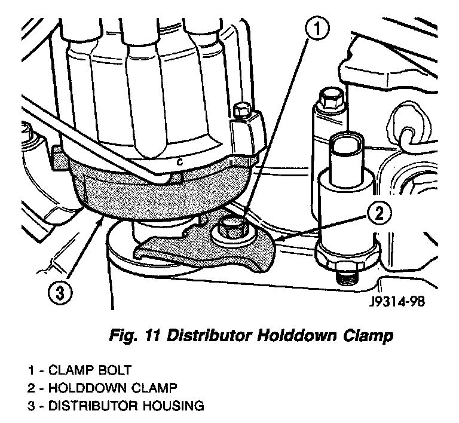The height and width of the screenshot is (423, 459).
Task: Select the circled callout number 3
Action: point(59,293)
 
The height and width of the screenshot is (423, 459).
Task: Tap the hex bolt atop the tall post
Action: point(329,98)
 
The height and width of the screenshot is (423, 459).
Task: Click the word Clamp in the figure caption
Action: point(365,337)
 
